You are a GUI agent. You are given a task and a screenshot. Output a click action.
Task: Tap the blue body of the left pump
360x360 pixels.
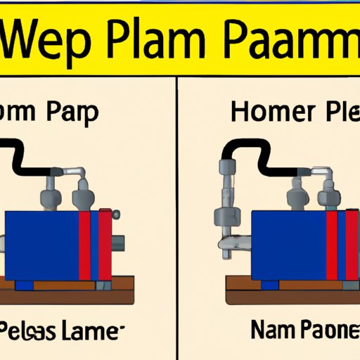(42, 243)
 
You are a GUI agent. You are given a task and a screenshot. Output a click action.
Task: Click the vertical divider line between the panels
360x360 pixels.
(177, 211)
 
